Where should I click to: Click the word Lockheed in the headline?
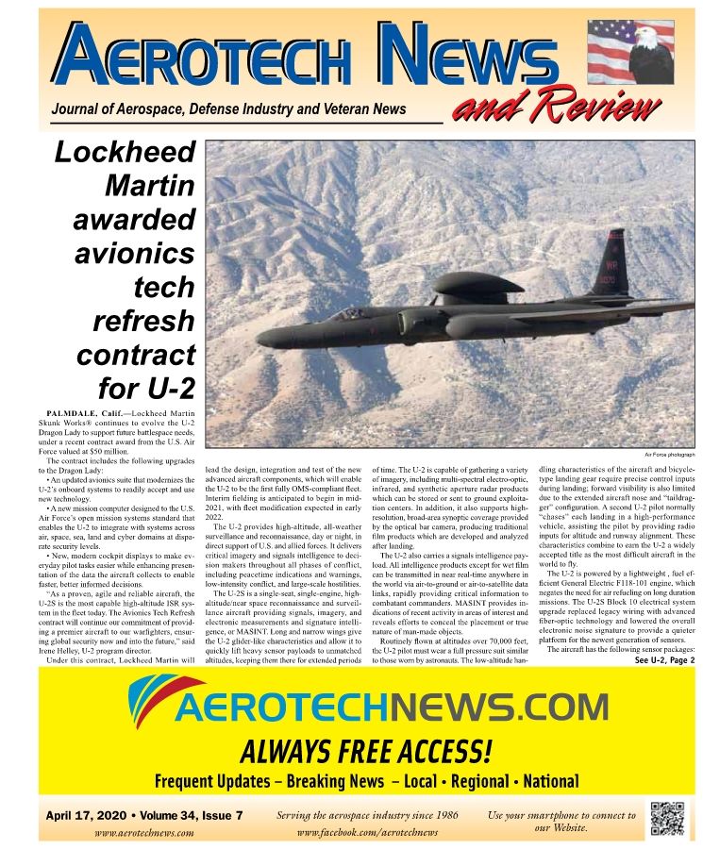coord(126,153)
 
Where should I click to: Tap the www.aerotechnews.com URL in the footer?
coord(144,832)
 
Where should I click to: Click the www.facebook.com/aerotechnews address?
coord(368,832)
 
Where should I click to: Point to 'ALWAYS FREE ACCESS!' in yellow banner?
coord(366,751)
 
